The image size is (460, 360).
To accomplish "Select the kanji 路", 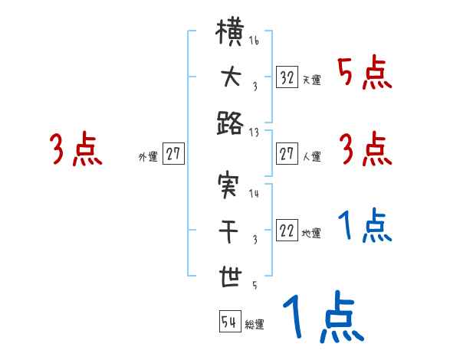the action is pos(229,123).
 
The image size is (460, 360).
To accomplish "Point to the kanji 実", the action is pos(229,187).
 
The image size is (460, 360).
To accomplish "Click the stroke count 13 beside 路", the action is pos(254,132).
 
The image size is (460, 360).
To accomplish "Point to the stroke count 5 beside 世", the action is pos(254,286).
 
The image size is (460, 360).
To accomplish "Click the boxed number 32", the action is pos(287,77).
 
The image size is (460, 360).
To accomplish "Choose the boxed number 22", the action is pos(287,231).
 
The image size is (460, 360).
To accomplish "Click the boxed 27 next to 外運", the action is pos(173,155).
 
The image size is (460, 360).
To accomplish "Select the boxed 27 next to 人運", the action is pos(287,155).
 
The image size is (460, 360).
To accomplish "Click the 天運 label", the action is pos(311,80).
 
